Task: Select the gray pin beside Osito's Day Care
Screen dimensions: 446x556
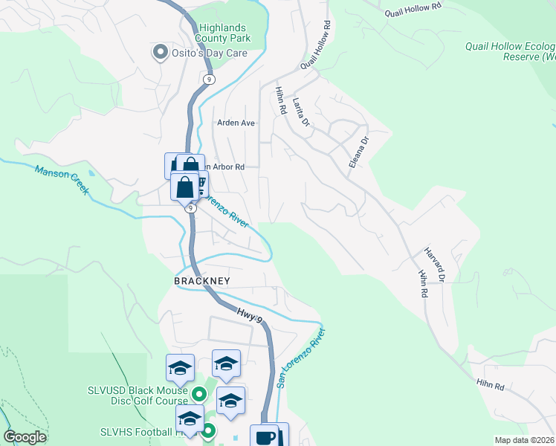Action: (159, 53)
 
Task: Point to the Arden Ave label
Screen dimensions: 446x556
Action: (236, 123)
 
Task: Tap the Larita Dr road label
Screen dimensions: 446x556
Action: (301, 113)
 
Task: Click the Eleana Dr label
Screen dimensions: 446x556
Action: (359, 151)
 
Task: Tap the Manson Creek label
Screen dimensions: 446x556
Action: (62, 180)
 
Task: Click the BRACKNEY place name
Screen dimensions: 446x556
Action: (202, 281)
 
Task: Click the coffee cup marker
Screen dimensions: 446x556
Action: (265, 437)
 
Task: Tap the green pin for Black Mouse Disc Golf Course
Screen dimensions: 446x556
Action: (198, 394)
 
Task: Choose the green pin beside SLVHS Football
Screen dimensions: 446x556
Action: (209, 430)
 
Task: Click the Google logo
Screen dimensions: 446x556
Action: (25, 437)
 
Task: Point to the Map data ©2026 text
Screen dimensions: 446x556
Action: (524, 440)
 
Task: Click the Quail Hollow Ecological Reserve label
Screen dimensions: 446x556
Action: (511, 51)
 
